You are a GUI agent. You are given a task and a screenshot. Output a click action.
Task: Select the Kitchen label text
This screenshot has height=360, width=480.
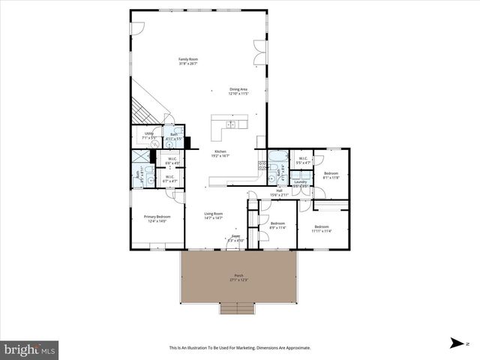pyautogui.click(x=220, y=153)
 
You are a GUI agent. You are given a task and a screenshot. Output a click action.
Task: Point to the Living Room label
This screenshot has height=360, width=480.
pyautogui.click(x=214, y=215)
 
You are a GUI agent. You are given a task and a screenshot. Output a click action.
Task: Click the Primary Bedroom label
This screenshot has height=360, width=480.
pyautogui.click(x=154, y=218)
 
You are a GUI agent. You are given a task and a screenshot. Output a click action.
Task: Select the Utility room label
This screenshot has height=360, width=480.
pyautogui.click(x=148, y=136)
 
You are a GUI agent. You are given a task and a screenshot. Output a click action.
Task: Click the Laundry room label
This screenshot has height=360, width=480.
pyautogui.click(x=301, y=183)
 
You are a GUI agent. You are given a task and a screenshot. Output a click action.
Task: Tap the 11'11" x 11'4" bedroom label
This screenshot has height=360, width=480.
pyautogui.click(x=322, y=228)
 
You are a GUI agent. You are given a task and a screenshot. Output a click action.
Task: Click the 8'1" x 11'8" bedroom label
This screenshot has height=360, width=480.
pyautogui.click(x=331, y=175)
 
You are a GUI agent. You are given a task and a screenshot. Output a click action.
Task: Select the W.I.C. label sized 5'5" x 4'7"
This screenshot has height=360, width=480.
pyautogui.click(x=303, y=160)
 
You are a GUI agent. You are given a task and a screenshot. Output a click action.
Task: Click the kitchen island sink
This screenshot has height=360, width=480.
pyautogui.click(x=232, y=124)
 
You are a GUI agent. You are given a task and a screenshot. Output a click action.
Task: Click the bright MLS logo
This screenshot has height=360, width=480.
pyautogui.click(x=30, y=349)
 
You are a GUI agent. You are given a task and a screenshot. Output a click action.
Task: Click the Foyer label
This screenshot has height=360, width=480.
pyautogui.click(x=235, y=238)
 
